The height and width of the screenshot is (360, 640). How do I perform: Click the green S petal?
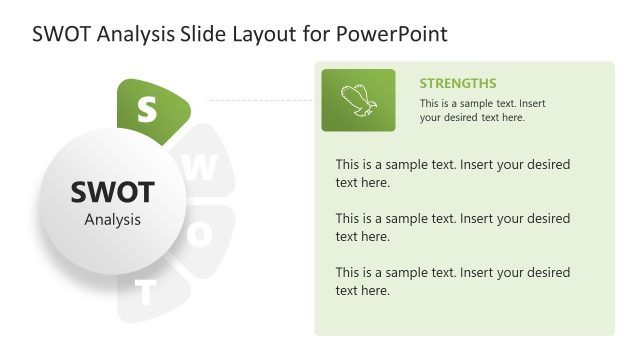tap(151, 108)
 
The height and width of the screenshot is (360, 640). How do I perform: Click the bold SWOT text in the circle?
tap(112, 192)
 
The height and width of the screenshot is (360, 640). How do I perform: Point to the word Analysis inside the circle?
tap(112, 220)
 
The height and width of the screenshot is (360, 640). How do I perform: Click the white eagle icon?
tap(357, 99)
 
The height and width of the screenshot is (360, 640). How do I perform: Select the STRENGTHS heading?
tap(457, 83)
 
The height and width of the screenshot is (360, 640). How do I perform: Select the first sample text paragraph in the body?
tap(452, 173)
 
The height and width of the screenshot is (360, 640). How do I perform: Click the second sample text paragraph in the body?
tap(452, 227)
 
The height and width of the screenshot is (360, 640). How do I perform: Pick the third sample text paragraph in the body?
tap(452, 281)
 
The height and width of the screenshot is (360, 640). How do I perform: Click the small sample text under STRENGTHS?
tap(482, 110)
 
